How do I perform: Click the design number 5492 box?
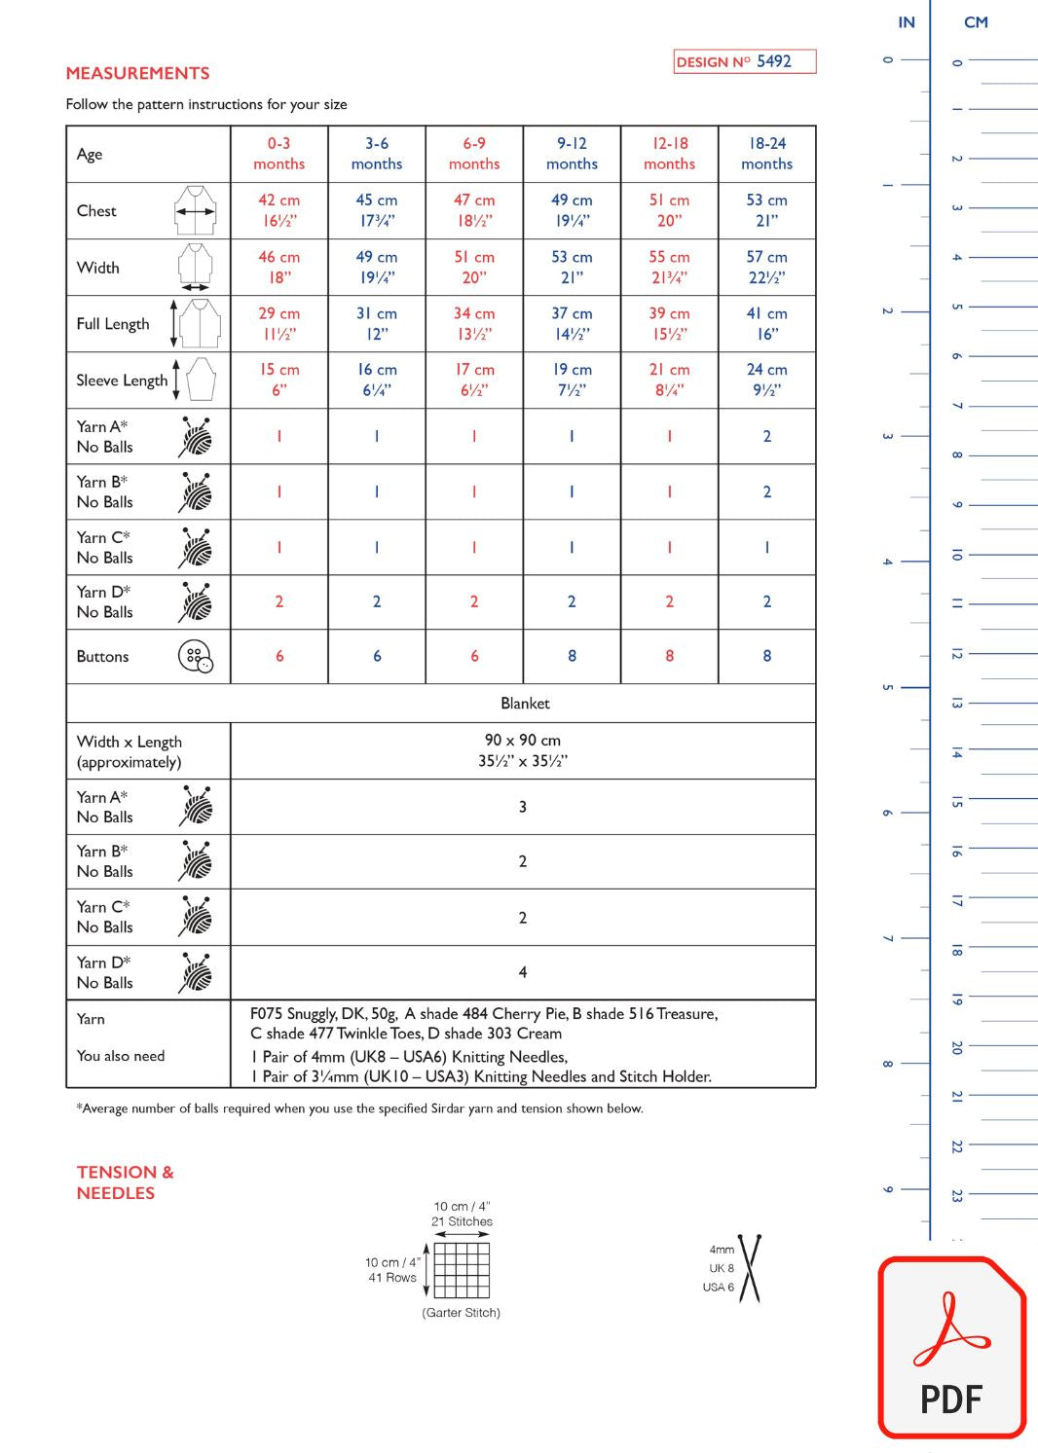pos(744,61)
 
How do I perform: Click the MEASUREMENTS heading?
pos(137,73)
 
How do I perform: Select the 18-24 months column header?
pos(766,154)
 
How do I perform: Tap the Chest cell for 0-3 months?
pos(278,210)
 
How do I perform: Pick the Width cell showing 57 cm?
pos(766,267)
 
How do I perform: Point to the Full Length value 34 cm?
pos(474,323)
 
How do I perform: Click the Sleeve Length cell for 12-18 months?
pos(669,380)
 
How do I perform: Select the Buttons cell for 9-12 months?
pos(572,656)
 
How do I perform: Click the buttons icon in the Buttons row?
pos(196,656)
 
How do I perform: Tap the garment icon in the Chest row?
pos(196,210)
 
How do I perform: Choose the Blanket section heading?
pos(525,703)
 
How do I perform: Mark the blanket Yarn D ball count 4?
pos(523,972)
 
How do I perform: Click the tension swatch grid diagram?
pos(462,1269)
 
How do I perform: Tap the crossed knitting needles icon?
pos(750,1268)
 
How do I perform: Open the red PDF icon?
pos(952,1348)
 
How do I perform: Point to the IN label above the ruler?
pos(907,22)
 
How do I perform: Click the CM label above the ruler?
pos(976,22)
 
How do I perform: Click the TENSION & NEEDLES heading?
pos(125,1182)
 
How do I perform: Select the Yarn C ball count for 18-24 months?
pos(766,547)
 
